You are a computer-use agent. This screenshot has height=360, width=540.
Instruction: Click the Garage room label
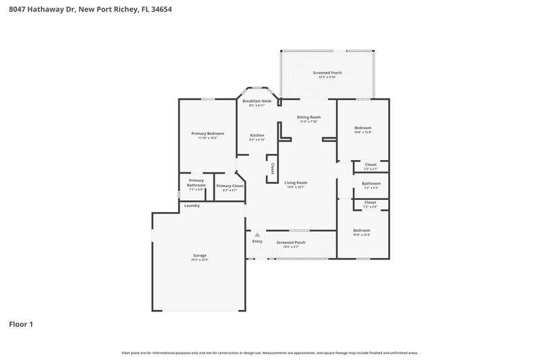coord(199,256)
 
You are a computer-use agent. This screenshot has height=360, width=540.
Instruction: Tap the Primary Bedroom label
coord(207,134)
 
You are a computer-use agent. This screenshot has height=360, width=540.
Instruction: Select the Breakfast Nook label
coord(256,101)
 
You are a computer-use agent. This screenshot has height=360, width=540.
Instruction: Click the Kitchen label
coord(256,135)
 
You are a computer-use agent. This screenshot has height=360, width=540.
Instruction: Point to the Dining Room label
coord(308,117)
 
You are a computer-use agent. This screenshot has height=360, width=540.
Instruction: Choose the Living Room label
coord(295,182)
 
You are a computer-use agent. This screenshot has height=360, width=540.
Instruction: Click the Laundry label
coord(192,205)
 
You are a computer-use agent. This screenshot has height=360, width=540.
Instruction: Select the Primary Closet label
coord(230,186)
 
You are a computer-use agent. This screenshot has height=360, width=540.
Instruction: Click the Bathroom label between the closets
coord(371,183)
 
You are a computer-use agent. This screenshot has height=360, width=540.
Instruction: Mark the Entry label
coord(257,241)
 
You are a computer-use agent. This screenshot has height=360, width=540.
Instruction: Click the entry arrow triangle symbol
coord(257,234)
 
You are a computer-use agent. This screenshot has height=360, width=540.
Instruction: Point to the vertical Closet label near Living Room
coord(272,168)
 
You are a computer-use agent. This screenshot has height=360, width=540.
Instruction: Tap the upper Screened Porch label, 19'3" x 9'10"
coord(327,72)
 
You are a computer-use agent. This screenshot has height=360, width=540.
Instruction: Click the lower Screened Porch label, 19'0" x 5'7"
coord(291,242)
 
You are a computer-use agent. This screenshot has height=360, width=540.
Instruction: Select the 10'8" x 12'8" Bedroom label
coord(362,128)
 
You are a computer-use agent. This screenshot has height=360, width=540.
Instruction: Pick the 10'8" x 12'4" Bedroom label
coord(362,230)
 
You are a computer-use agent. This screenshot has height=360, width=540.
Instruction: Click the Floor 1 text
coord(21,324)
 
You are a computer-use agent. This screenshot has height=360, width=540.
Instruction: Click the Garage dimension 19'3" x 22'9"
coord(199,260)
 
